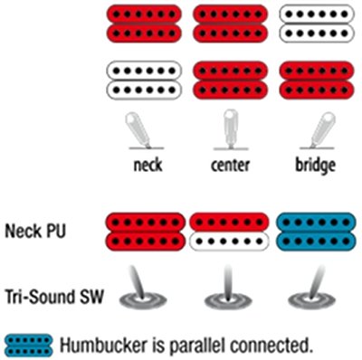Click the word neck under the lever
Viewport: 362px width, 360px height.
[148, 165]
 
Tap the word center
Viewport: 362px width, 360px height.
[230, 166]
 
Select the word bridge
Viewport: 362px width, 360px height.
[315, 166]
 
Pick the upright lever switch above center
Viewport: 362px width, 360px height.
[231, 129]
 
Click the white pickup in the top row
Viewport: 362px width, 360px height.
[316, 24]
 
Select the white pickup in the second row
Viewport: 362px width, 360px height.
[144, 81]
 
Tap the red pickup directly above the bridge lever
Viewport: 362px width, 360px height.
[316, 81]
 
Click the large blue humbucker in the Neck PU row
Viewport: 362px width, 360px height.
[316, 232]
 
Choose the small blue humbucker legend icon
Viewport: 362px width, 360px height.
[29, 346]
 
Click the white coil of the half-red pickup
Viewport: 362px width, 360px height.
[229, 242]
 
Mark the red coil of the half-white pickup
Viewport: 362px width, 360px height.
[229, 223]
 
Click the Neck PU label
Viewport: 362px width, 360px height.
[35, 232]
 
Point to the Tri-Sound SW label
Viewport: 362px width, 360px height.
[54, 297]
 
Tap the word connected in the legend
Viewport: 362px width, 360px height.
[271, 346]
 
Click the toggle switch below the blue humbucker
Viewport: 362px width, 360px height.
[312, 289]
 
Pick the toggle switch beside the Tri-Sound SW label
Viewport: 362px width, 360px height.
[143, 289]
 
